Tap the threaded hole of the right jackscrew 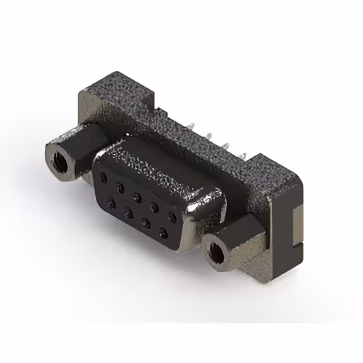[216, 252]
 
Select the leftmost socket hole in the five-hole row [103, 178]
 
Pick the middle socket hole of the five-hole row [137, 196]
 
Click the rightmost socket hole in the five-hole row [172, 218]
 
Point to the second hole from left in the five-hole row [120, 187]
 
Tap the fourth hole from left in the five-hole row [154, 206]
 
